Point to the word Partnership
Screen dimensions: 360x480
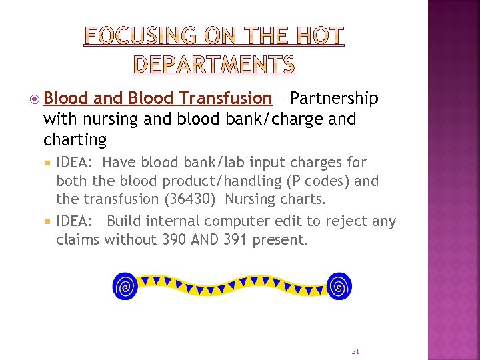(x=335, y=99)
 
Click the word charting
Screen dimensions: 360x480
(x=75, y=140)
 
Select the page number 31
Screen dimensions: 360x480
(x=355, y=351)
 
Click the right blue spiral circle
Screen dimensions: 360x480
(x=339, y=286)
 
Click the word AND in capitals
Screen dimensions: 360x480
(x=205, y=239)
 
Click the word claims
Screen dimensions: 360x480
(x=78, y=239)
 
